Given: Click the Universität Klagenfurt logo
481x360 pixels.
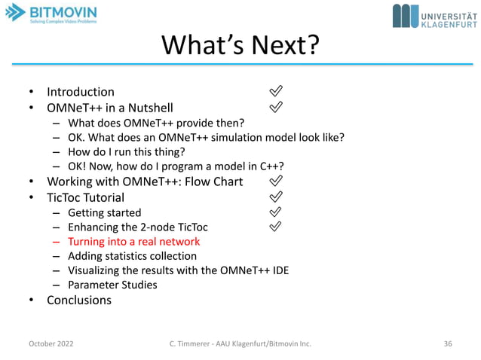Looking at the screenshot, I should pyautogui.click(x=433, y=16).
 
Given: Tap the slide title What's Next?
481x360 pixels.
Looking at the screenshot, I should pyautogui.click(x=240, y=46).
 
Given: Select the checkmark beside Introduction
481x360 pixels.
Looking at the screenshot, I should pyautogui.click(x=276, y=91).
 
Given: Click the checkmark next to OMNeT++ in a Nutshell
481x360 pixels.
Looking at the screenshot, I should pyautogui.click(x=276, y=107).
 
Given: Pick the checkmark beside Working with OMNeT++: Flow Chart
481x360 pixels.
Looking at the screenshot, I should pyautogui.click(x=276, y=181).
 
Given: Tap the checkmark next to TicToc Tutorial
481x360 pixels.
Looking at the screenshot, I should pyautogui.click(x=276, y=197).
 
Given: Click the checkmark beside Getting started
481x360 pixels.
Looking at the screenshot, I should pyautogui.click(x=276, y=212).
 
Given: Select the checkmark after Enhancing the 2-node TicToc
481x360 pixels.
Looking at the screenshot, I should pyautogui.click(x=276, y=226).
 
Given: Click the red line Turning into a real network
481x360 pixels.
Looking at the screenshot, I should pyautogui.click(x=133, y=242).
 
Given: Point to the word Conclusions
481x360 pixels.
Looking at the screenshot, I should pyautogui.click(x=79, y=300).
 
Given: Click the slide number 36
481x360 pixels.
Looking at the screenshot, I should pyautogui.click(x=448, y=343).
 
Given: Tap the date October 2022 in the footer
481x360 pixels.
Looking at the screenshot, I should pyautogui.click(x=51, y=343).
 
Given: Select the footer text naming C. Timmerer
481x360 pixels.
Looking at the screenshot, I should pyautogui.click(x=240, y=343).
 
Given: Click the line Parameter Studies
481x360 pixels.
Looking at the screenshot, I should pyautogui.click(x=112, y=285).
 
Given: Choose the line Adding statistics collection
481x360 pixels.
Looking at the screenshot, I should pyautogui.click(x=132, y=256).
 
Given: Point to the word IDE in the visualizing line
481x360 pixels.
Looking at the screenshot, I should pyautogui.click(x=278, y=270).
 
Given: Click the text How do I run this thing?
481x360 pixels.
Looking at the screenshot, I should pyautogui.click(x=126, y=151).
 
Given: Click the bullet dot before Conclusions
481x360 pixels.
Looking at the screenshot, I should pyautogui.click(x=32, y=301).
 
